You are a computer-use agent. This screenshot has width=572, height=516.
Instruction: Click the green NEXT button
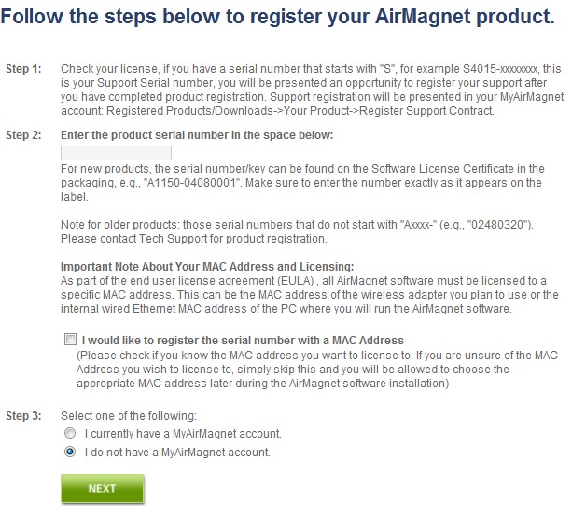coord(102,488)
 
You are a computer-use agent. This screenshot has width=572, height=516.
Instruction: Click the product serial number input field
coord(116,153)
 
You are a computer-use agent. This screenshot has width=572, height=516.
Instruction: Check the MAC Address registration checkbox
coord(70,340)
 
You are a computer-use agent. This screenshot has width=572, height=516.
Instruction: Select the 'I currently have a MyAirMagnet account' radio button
coord(70,433)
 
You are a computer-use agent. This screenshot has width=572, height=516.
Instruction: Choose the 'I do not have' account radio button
coord(70,452)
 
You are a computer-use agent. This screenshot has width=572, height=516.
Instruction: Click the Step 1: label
coord(23,68)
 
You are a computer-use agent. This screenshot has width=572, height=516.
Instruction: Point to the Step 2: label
coord(23,135)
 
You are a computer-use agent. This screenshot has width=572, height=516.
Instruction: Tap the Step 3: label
coord(23,416)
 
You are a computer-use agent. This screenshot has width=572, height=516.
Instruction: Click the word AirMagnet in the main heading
coord(423,17)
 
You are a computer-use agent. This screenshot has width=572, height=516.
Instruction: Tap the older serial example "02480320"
coord(499,224)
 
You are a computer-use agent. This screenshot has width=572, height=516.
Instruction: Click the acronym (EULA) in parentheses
coord(296,281)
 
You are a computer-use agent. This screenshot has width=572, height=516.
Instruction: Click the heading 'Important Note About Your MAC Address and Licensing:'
coord(207,267)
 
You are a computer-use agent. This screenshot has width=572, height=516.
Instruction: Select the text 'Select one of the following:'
coord(129,416)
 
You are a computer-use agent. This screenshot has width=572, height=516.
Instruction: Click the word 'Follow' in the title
coord(32,17)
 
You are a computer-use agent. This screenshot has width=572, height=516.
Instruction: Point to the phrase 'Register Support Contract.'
coord(426,110)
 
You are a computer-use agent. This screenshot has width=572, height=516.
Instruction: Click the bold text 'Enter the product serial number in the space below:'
coord(197,135)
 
